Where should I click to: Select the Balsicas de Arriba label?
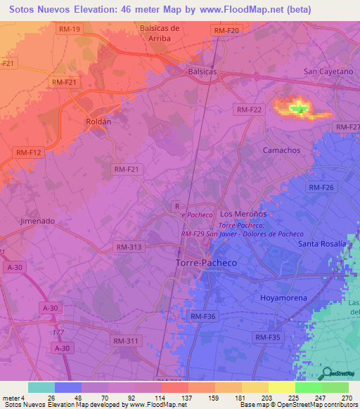pos(150,33)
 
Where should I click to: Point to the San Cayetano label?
pos(328,72)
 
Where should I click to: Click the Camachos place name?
pos(281,150)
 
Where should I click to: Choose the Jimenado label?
pos(37,220)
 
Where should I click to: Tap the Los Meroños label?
pos(243,214)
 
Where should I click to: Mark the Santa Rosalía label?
pos(323,244)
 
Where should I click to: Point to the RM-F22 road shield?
pos(249,110)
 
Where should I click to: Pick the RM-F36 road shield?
pos(202,317)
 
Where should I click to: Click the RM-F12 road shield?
pos(27,152)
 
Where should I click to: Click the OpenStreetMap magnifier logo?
pos(326,374)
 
